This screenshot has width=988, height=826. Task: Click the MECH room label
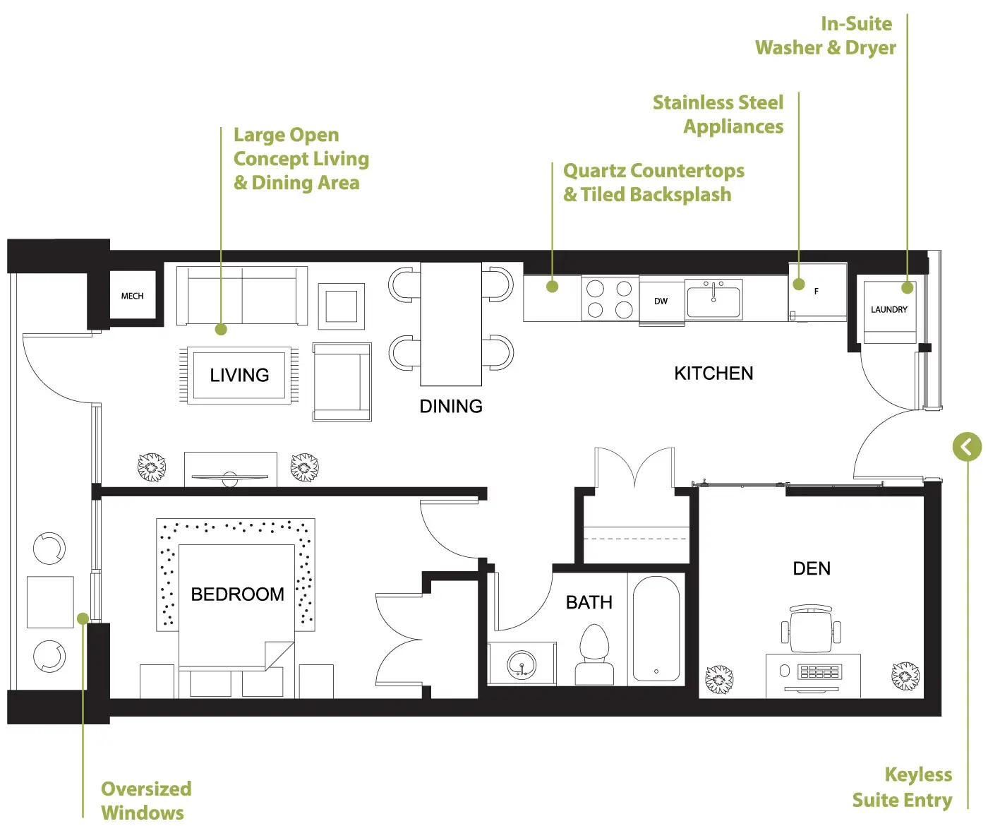(x=132, y=296)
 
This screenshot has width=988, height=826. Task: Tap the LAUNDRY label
(x=889, y=309)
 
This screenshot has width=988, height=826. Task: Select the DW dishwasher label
(x=661, y=301)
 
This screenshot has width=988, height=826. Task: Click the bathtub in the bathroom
(x=656, y=629)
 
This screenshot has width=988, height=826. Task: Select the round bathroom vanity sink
(x=522, y=664)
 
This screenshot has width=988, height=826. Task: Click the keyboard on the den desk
(x=819, y=671)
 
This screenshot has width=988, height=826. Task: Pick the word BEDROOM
(x=238, y=594)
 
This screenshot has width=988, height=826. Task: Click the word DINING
(x=451, y=406)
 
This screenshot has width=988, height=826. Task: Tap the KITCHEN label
(x=713, y=373)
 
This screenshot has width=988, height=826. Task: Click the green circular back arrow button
(x=967, y=446)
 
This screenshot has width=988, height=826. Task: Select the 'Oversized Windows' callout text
(x=146, y=801)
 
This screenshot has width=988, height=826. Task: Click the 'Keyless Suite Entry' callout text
(x=903, y=788)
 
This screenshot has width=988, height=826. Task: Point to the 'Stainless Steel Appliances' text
(x=718, y=114)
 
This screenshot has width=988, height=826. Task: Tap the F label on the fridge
(x=817, y=292)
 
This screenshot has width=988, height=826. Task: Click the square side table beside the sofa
(x=341, y=306)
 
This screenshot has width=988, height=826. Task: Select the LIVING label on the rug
(x=239, y=376)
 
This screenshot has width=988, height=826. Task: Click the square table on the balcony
(x=50, y=602)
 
